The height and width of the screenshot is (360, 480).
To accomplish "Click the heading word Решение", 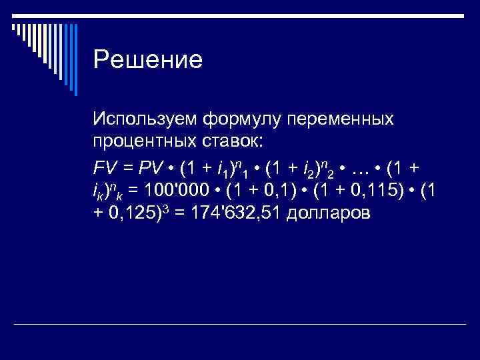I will click(147, 61).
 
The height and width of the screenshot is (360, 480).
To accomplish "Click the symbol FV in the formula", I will click(106, 166).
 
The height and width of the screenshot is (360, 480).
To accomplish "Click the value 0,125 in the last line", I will click(125, 213).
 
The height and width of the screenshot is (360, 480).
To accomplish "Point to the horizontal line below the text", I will click(240, 325).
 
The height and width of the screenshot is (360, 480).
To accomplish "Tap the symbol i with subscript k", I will click(97, 191).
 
